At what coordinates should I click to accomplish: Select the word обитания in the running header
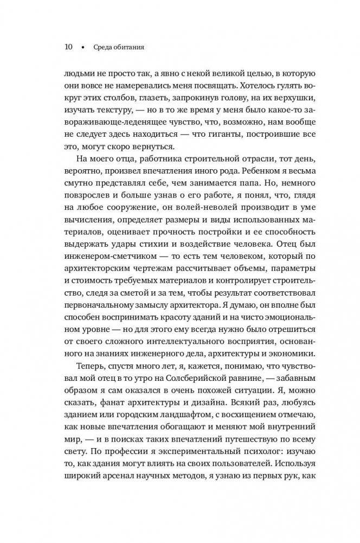pos(126,47)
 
